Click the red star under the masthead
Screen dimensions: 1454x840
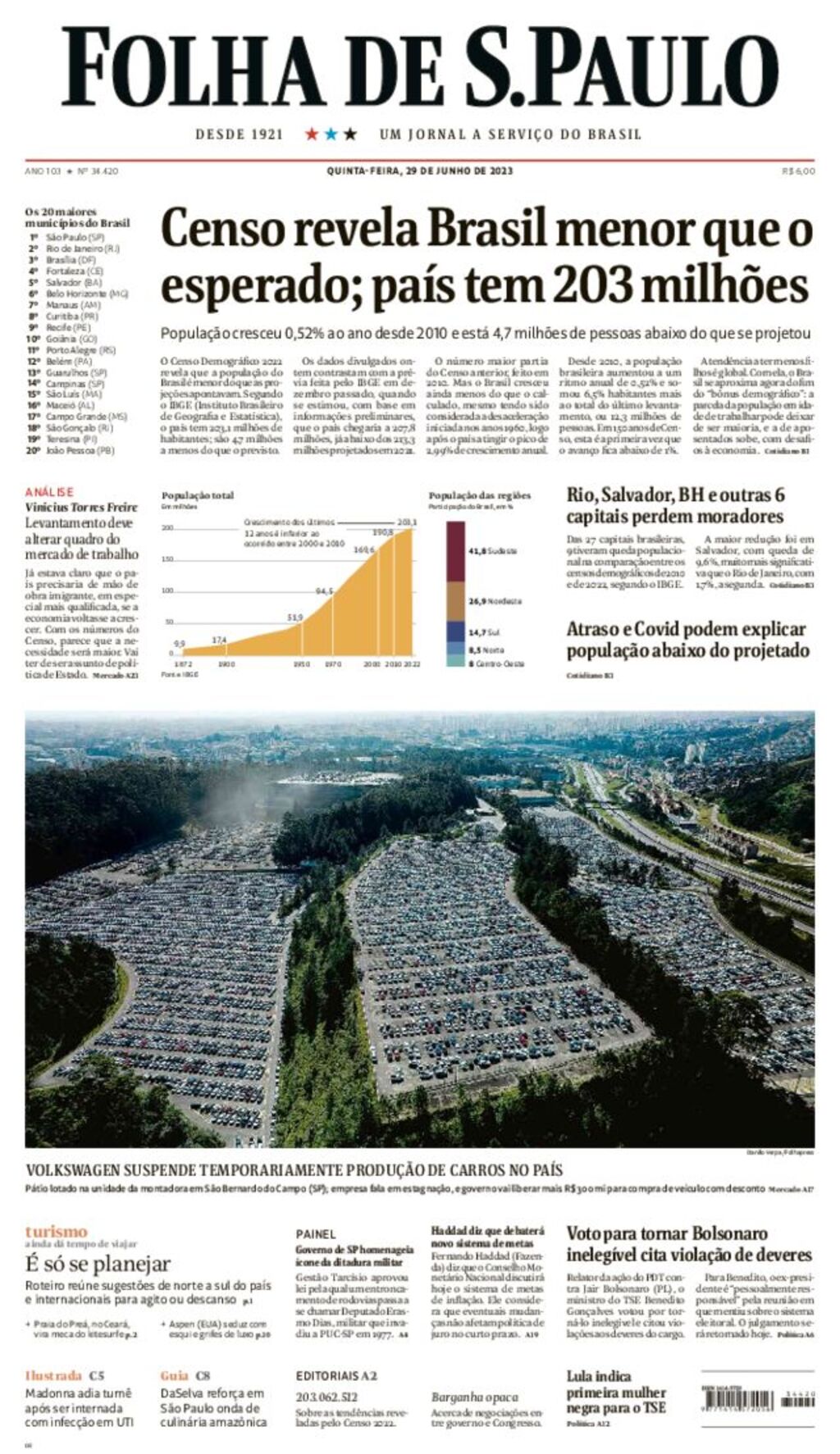point(312,134)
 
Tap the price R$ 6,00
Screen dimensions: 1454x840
point(798,171)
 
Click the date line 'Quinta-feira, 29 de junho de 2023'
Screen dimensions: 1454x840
point(419,171)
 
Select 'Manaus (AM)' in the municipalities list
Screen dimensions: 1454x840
point(72,304)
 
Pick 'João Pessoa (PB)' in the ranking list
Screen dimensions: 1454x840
point(80,450)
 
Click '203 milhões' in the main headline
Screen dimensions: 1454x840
point(680,286)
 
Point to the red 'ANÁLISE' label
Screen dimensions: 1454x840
point(49,492)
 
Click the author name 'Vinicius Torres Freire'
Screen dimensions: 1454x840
point(81,507)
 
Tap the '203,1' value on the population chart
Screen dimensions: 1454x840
point(407,522)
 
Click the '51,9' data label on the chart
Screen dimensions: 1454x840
point(295,617)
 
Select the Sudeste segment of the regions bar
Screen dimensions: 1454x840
point(455,550)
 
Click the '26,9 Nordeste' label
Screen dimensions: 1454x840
point(494,601)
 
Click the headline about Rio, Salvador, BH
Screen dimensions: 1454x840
point(675,506)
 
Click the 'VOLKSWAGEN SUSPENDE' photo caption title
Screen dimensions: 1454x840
point(294,1170)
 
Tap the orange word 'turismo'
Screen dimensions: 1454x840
point(56,1231)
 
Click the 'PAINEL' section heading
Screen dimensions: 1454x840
point(316,1233)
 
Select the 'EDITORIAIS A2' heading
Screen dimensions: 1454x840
point(336,1376)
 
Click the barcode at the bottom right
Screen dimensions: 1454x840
point(737,1400)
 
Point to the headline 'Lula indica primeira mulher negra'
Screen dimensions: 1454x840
point(616,1392)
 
